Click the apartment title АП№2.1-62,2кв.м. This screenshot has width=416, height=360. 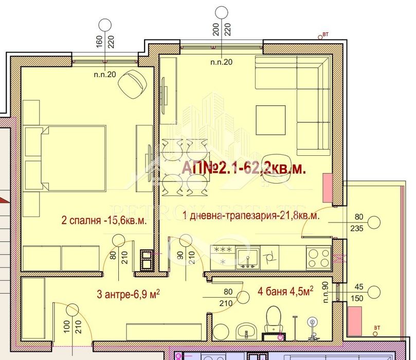(x=244, y=168)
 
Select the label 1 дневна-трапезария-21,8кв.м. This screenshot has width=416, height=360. (x=251, y=216)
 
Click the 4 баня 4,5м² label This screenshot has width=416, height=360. (x=285, y=292)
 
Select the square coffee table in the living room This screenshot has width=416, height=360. (x=271, y=120)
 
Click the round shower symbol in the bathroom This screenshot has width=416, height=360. (x=312, y=323)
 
